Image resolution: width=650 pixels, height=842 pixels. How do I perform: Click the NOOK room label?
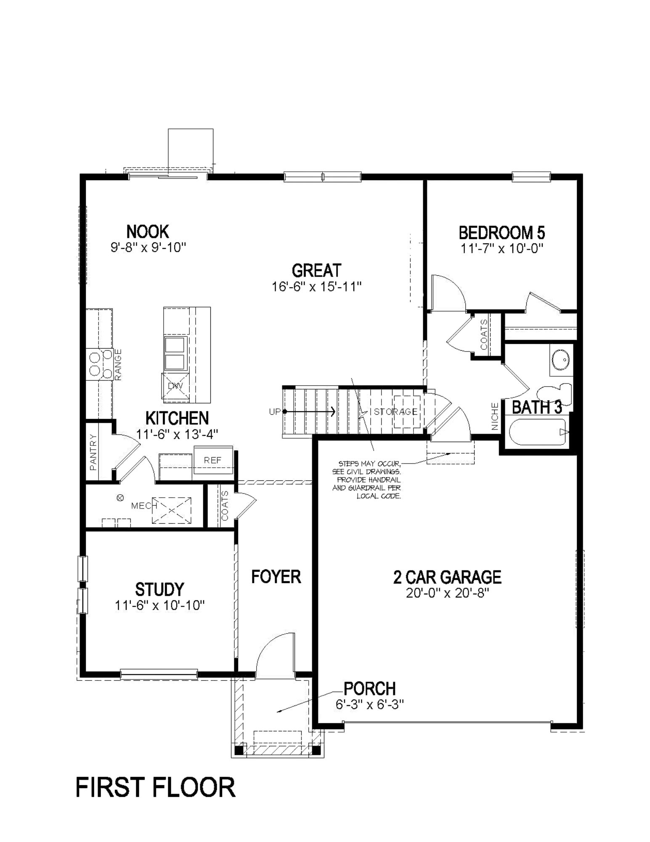pyautogui.click(x=147, y=232)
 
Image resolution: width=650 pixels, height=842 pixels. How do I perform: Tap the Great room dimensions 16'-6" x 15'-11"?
pyautogui.click(x=316, y=287)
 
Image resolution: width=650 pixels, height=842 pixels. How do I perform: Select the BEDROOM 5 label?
pyautogui.click(x=501, y=232)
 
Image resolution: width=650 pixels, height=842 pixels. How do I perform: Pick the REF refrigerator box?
pyautogui.click(x=212, y=460)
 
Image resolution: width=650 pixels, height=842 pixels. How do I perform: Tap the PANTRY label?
pyautogui.click(x=93, y=453)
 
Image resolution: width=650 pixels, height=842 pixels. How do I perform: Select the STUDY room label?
pyautogui.click(x=159, y=589)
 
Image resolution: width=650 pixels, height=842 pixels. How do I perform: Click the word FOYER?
pyautogui.click(x=276, y=577)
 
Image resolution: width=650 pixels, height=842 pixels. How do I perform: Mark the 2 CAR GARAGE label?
pyautogui.click(x=447, y=577)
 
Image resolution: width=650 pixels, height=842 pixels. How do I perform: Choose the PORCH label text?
pyautogui.click(x=369, y=689)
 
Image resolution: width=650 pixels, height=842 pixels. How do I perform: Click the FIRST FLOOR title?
pyautogui.click(x=155, y=787)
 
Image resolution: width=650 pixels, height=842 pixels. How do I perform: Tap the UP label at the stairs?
pyautogui.click(x=274, y=412)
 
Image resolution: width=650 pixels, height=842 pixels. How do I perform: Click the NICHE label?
pyautogui.click(x=495, y=416)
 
